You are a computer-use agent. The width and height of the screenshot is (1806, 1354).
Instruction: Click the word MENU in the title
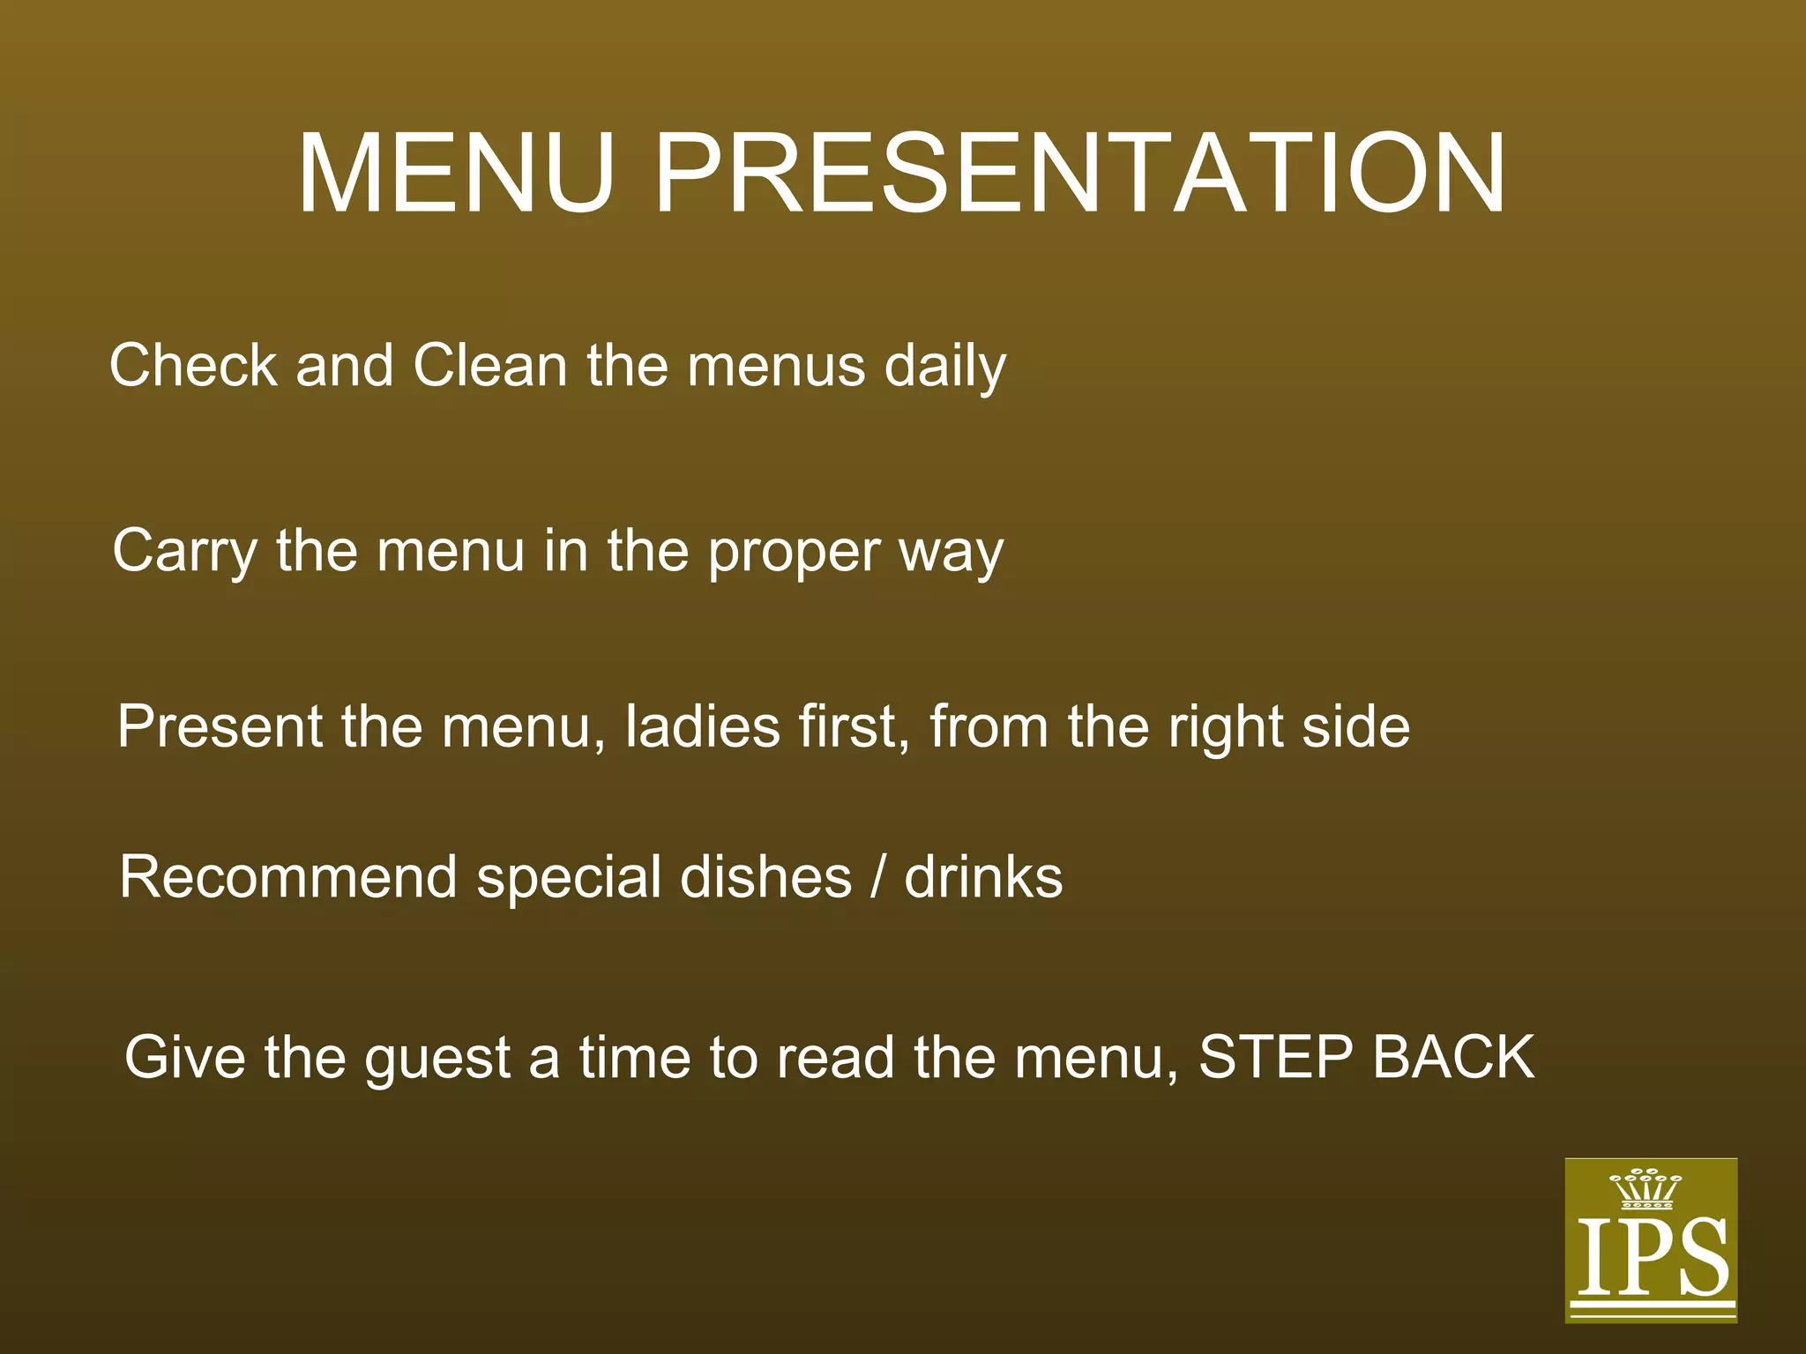click(455, 174)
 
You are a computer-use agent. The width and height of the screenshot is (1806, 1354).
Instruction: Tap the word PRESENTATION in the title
click(1079, 174)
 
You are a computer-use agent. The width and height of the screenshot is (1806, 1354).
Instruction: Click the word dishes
click(765, 877)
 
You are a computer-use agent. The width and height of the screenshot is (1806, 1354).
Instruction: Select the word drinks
click(983, 877)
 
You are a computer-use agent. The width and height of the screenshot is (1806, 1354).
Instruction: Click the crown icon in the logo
click(1646, 1189)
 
